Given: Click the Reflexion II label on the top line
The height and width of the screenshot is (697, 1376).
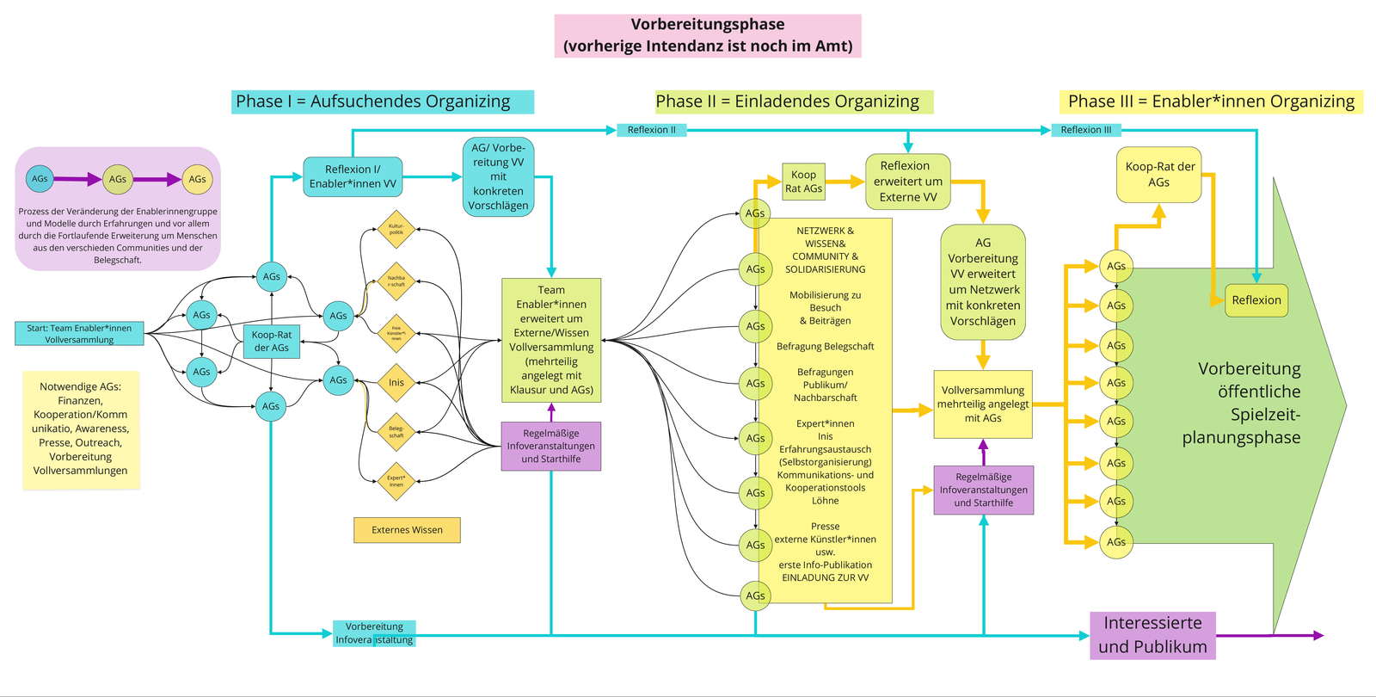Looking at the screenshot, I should coord(651,130).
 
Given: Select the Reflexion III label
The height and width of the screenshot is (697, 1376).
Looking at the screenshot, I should coord(1085,130).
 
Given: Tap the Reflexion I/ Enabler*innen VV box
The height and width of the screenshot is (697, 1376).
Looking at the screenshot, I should coord(353,176).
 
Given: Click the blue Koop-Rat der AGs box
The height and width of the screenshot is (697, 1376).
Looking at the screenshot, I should coord(272,341).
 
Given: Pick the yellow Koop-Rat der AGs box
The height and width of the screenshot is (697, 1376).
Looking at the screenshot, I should coord(1159,175).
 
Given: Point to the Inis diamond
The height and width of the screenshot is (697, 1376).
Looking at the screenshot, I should coord(396,383).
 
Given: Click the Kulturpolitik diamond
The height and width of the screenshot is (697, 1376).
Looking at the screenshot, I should coord(396,230).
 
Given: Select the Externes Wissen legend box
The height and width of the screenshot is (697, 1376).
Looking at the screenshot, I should coord(407,530).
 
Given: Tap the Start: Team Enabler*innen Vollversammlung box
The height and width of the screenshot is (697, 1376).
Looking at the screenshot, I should coord(79,334).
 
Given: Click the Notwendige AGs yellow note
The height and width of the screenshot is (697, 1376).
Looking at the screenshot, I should coord(81,429).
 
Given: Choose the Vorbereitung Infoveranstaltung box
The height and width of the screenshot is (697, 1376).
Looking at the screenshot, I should coord(374,633).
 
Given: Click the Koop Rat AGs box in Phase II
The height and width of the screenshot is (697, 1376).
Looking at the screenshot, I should coord(803,182).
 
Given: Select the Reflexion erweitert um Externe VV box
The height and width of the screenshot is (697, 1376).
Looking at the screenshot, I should coord(907,182).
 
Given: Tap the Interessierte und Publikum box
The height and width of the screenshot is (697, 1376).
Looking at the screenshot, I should coord(1152,635).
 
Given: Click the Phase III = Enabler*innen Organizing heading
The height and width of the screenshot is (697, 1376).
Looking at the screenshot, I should coord(1210,102).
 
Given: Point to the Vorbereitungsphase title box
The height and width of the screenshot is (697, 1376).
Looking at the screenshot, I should coord(707,35).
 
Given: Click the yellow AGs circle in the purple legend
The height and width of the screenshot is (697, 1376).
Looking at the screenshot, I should coord(197,179).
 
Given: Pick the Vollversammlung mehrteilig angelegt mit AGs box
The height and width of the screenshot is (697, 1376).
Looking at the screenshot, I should coord(983,404).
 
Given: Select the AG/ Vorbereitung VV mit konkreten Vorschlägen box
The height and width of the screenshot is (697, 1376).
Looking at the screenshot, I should coord(498,176).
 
